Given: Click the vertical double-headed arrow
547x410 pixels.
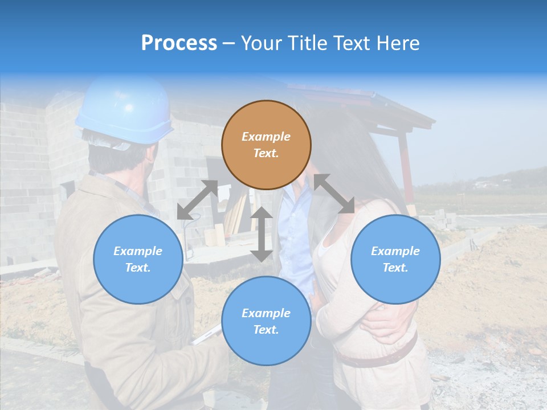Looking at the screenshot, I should coord(262,234).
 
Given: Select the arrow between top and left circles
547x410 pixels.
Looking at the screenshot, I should coord(197,200).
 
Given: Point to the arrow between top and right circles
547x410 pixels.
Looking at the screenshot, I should coord(334,194).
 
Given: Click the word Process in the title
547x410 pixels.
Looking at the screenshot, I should coord(179,43).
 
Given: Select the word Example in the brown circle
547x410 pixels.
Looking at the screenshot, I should coord(266,137).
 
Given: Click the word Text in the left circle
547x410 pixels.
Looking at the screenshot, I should coord(138,268).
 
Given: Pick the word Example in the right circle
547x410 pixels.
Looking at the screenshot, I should coord(395,251).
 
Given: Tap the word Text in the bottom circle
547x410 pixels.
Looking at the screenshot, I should coord(266,330).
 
